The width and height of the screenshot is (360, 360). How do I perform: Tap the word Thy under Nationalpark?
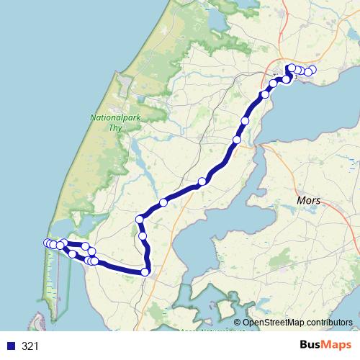tap(112, 127)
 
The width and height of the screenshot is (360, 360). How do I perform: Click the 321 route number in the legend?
tap(30, 346)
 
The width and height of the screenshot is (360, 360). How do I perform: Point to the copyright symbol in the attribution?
tap(237, 323)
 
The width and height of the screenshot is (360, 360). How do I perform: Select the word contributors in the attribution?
tap(326, 323)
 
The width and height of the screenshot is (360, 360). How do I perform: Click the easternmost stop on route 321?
tap(312, 70)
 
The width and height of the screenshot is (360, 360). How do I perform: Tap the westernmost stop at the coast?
tap(48, 243)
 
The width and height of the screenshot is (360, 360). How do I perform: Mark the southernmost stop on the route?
tap(145, 271)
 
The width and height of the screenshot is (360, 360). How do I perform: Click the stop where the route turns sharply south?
tap(140, 219)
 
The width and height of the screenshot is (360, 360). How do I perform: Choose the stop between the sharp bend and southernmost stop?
tap(143, 235)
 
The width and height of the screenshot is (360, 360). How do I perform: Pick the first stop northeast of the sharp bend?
tap(163, 203)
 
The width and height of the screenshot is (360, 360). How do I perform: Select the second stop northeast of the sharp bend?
tap(202, 181)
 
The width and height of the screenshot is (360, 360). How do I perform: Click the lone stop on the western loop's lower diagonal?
tap(72, 254)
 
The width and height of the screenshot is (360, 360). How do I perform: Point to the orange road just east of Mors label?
tap(338, 209)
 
